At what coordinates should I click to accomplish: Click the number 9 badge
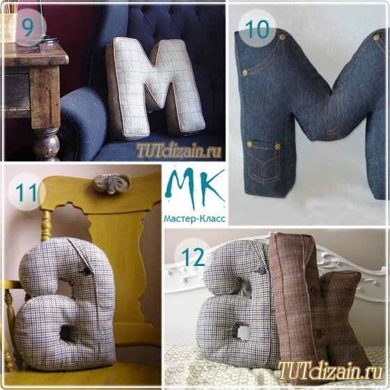[28, 27]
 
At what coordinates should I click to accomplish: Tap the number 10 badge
[257, 29]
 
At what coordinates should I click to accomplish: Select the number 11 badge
[26, 192]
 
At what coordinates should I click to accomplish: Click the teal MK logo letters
[195, 187]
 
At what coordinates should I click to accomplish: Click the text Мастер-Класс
[194, 219]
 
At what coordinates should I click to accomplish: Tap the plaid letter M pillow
[156, 88]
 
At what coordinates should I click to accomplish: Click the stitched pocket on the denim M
[264, 160]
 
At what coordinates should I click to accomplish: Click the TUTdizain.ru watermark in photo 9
[178, 150]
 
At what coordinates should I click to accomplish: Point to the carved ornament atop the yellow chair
[112, 183]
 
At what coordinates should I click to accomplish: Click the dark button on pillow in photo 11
[87, 272]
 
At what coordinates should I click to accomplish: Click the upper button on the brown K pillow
[315, 290]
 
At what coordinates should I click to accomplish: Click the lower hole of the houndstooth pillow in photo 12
[241, 333]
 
